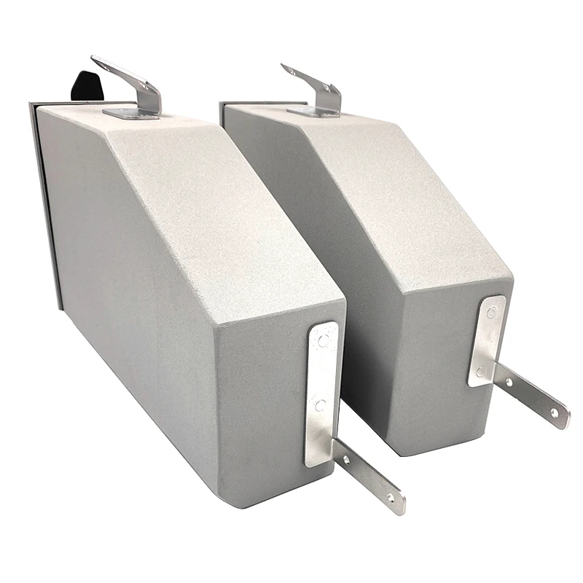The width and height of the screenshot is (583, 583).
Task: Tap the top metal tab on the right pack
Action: pos(313,86)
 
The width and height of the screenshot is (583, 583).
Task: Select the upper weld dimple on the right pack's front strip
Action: pos(493,315)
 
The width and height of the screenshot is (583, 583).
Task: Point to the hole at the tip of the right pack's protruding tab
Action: pos(555,412)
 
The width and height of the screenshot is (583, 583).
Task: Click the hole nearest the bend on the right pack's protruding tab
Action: pos(508,381)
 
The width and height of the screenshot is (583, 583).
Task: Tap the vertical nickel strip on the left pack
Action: pos(321,394)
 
